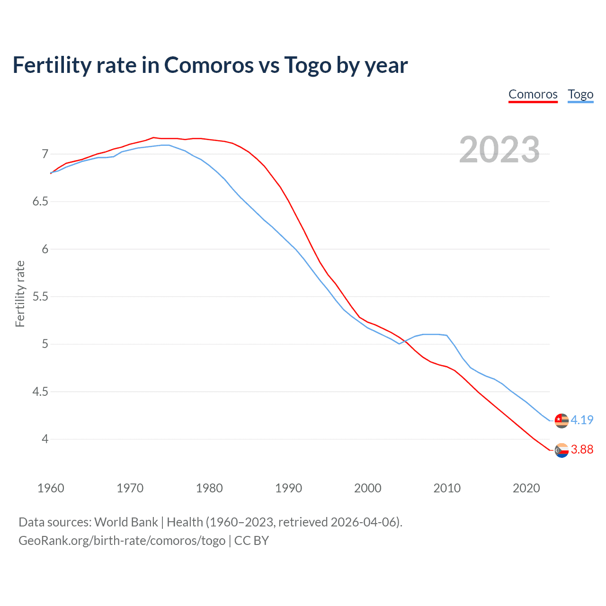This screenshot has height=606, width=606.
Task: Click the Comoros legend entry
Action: pyautogui.click(x=533, y=94)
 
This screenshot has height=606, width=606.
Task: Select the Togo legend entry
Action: pyautogui.click(x=580, y=94)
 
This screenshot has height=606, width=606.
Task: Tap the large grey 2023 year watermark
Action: pyautogui.click(x=499, y=150)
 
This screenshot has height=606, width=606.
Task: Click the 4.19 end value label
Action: pyautogui.click(x=582, y=420)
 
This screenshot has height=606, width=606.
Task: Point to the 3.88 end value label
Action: pyautogui.click(x=582, y=449)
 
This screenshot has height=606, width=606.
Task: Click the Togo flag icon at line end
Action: pyautogui.click(x=561, y=420)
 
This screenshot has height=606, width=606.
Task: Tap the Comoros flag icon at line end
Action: pyautogui.click(x=561, y=450)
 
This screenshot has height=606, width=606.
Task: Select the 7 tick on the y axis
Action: pyautogui.click(x=45, y=154)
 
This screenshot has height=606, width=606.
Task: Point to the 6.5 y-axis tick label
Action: pyautogui.click(x=40, y=202)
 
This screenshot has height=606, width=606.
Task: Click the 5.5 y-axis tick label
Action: pyautogui.click(x=40, y=297)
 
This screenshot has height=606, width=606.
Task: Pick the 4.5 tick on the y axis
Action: pyautogui.click(x=40, y=392)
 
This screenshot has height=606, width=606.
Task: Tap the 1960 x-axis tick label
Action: pyautogui.click(x=51, y=488)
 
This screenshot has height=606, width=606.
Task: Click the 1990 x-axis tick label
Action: pyautogui.click(x=288, y=488)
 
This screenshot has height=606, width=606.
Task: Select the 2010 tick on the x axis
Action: pyautogui.click(x=447, y=488)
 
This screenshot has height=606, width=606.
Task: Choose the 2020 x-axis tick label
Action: pyautogui.click(x=526, y=488)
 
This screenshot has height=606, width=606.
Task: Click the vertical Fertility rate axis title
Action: pyautogui.click(x=20, y=294)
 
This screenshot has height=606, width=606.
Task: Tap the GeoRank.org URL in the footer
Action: pyautogui.click(x=122, y=541)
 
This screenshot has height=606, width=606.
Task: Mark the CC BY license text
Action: pyautogui.click(x=252, y=541)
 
